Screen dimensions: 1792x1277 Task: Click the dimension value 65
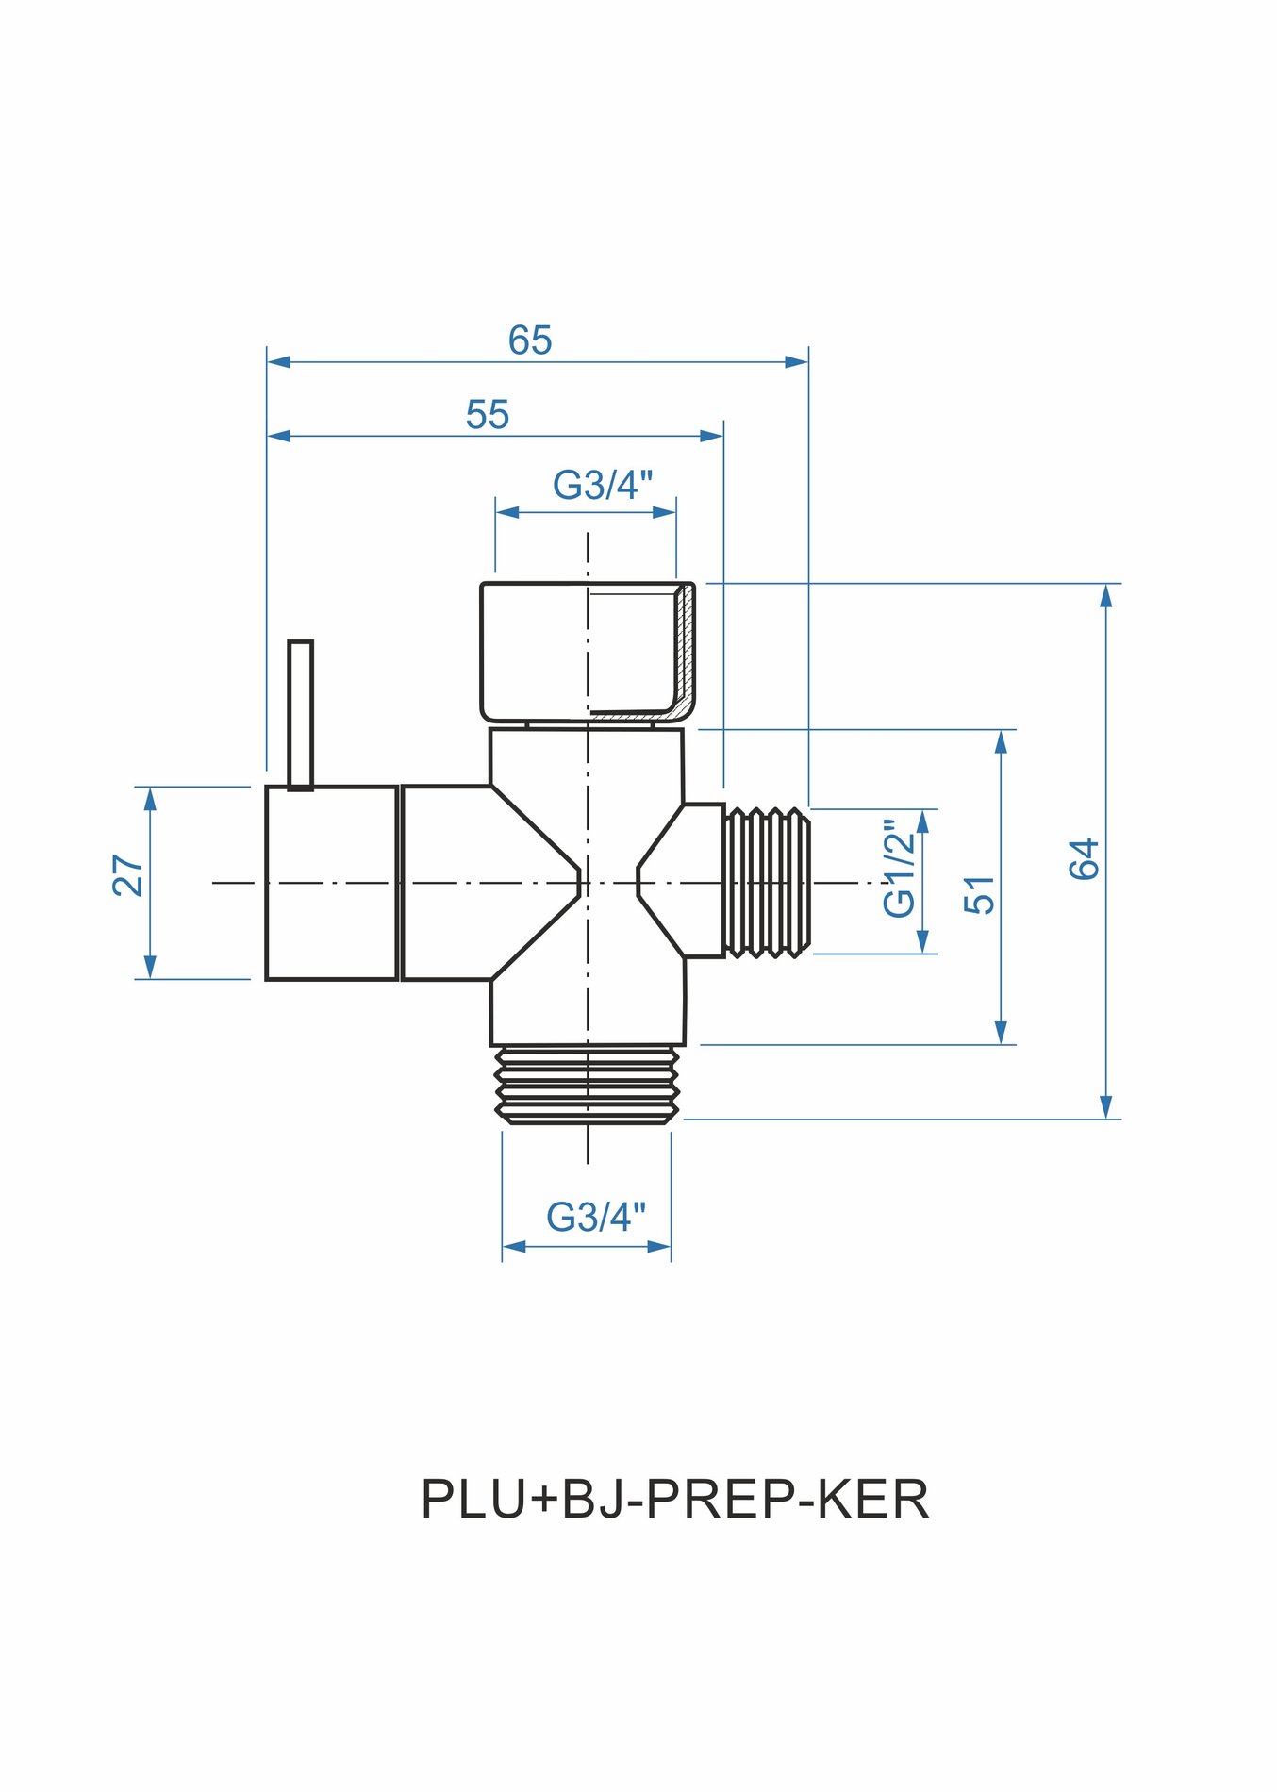529,340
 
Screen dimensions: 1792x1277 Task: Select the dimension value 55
488,415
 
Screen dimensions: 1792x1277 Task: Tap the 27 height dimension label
129,874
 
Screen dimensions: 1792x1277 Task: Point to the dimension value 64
1085,858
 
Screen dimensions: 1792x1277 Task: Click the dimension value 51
980,894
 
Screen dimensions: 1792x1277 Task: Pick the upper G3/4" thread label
602,486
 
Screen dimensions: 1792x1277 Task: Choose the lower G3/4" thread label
596,1217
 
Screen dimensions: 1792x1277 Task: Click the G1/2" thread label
900,872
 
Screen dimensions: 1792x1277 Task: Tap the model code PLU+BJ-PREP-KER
674,1499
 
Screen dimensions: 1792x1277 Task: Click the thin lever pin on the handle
300,713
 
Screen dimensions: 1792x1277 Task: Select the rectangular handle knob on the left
331,883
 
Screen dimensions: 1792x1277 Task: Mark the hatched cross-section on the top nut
685,651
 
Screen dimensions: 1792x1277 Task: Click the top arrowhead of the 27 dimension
150,798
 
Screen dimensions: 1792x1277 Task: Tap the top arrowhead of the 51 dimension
1002,741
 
